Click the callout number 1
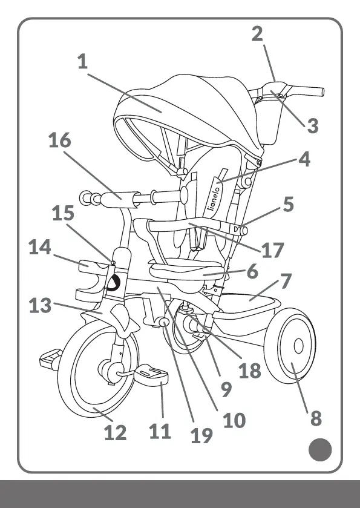tap(82, 61)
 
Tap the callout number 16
tap(59, 140)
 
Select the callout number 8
tap(316, 418)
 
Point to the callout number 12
tap(115, 432)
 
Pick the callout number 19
tap(201, 436)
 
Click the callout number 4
tap(304, 159)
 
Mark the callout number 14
tap(40, 247)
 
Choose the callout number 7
tap(286, 281)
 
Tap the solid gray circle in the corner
tap(320, 449)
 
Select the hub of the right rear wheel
tap(298, 346)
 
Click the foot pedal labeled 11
tap(151, 376)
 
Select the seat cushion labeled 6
tap(187, 270)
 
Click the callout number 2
tap(257, 34)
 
